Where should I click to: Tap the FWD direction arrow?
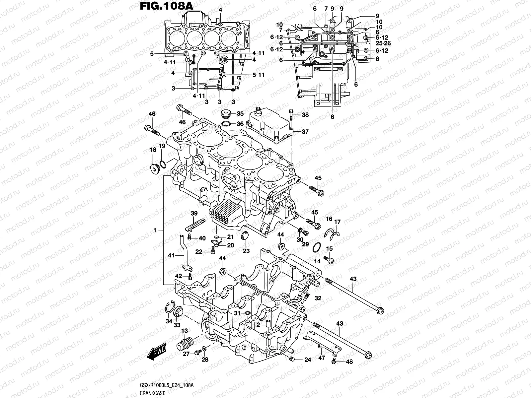pyautogui.click(x=157, y=353)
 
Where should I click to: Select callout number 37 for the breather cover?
pyautogui.click(x=305, y=132)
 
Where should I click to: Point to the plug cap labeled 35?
pyautogui.click(x=226, y=114)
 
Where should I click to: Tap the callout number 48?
pyautogui.click(x=349, y=362)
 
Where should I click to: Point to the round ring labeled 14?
pyautogui.click(x=317, y=248)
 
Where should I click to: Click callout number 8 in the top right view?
pyautogui.click(x=377, y=59)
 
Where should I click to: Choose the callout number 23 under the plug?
pyautogui.click(x=246, y=251)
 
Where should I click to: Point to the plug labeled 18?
pyautogui.click(x=155, y=168)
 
